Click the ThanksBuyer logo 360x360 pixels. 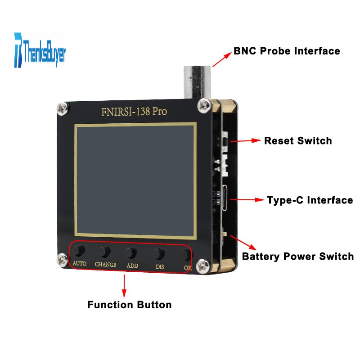[40, 49]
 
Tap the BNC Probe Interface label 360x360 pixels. [287, 51]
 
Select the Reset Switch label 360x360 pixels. [298, 140]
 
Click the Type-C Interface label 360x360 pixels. [310, 200]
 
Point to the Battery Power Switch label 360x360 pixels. [298, 256]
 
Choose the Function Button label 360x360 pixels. [129, 305]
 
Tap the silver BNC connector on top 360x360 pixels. [196, 81]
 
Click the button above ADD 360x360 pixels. [131, 252]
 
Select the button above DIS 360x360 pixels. [158, 254]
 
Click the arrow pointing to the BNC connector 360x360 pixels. [222, 58]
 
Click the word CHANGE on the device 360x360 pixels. [105, 265]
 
